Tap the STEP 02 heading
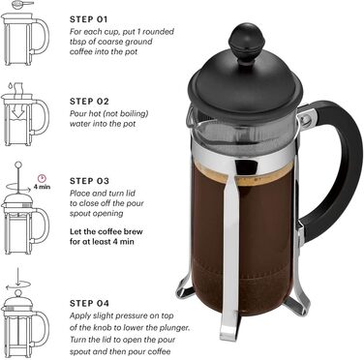[94, 101]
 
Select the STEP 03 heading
[94, 181]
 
